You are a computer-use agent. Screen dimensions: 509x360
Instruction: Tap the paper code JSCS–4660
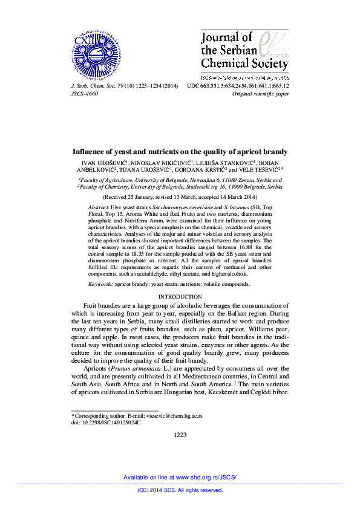tap(84, 94)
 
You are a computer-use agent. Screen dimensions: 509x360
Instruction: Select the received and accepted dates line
tap(180, 197)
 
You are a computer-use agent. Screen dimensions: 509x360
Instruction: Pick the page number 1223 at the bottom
tap(180, 435)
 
